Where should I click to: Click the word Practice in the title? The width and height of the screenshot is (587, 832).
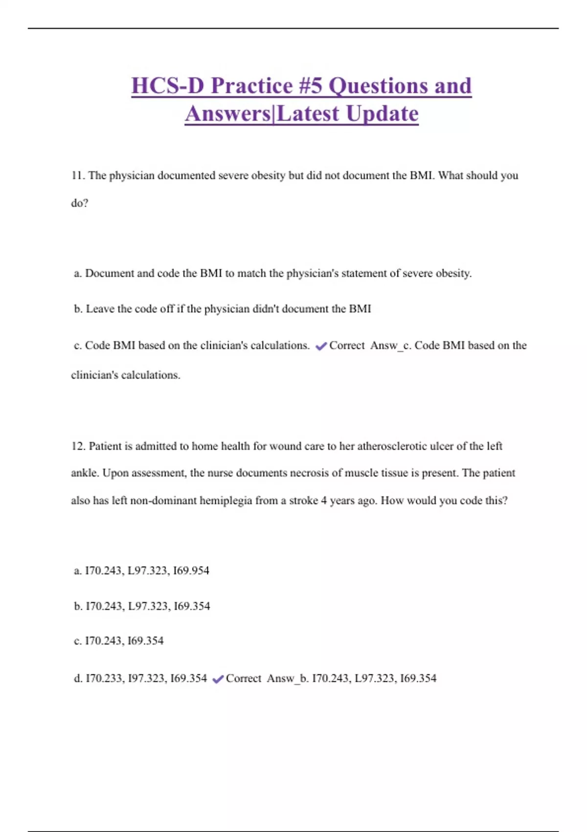[x=252, y=86]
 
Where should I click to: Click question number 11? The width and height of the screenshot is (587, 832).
[x=78, y=176]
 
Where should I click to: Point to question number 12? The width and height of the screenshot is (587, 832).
[x=78, y=446]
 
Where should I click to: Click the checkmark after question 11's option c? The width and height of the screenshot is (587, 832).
[x=321, y=347]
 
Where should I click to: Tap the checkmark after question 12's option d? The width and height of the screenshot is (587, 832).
[x=218, y=679]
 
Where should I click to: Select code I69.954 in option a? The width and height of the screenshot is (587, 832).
[x=191, y=571]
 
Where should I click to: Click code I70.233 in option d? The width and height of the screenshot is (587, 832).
[x=104, y=678]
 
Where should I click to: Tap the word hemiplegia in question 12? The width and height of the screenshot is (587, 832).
[x=226, y=501]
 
